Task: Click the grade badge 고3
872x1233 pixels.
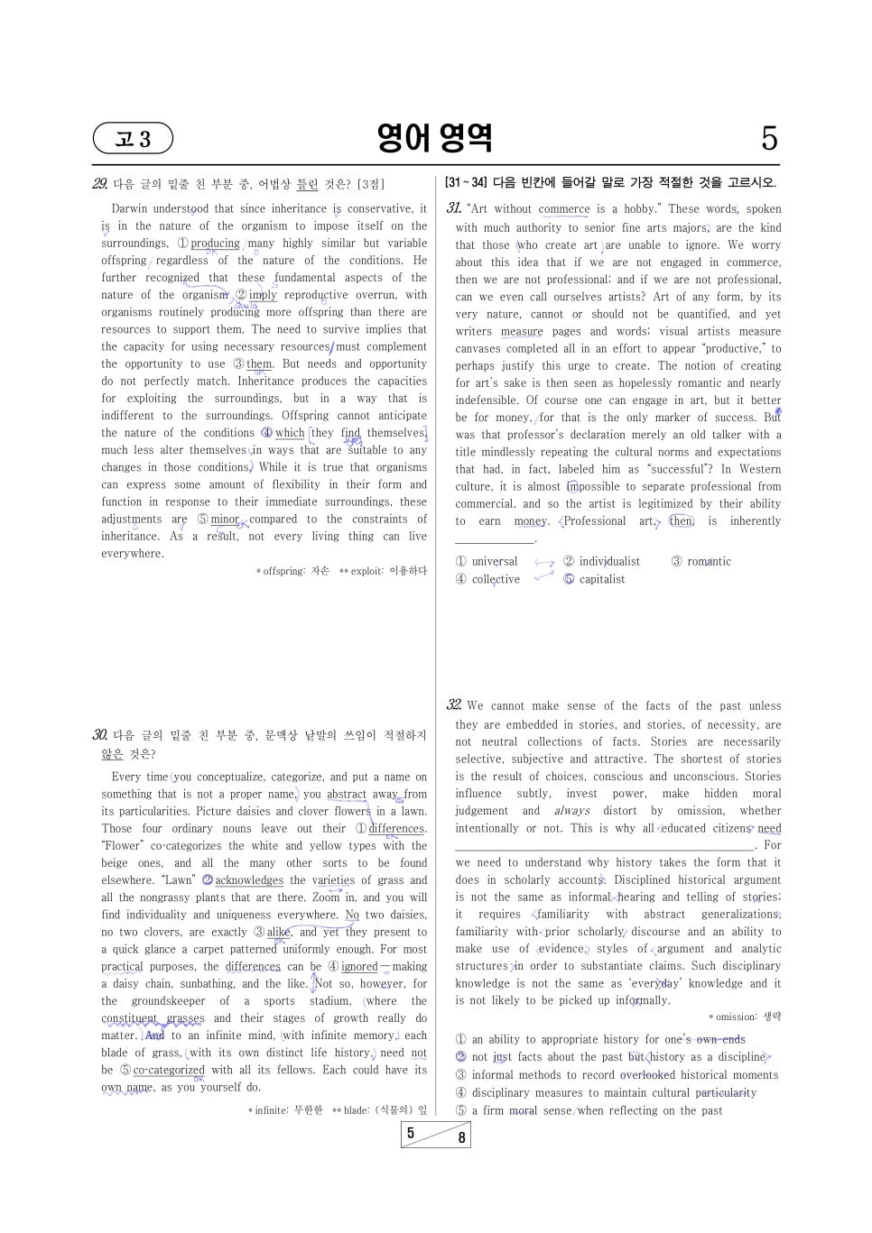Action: tap(133, 139)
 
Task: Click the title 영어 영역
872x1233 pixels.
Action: tap(435, 138)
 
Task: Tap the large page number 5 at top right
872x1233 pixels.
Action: tap(768, 139)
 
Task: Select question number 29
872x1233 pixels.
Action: tap(100, 184)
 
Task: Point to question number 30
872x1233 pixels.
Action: tap(100, 735)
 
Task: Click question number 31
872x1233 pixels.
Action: tap(454, 208)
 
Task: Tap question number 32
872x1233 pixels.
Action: tap(454, 705)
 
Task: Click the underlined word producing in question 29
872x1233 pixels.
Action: tap(215, 244)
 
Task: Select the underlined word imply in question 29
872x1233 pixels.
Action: tap(263, 295)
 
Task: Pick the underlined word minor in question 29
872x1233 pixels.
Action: tap(225, 520)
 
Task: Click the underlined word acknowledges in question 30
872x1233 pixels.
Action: tap(249, 880)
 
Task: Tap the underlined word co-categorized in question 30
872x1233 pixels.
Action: tap(169, 1070)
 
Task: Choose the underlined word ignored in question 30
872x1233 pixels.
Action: tap(359, 967)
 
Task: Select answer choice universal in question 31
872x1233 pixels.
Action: tap(494, 561)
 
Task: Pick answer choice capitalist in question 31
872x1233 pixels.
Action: tap(601, 579)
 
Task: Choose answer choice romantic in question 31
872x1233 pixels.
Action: tap(709, 561)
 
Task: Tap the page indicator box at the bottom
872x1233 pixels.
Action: tap(435, 1135)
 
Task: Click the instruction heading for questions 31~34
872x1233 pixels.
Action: tap(610, 183)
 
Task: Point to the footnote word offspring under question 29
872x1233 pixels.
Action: tap(283, 571)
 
